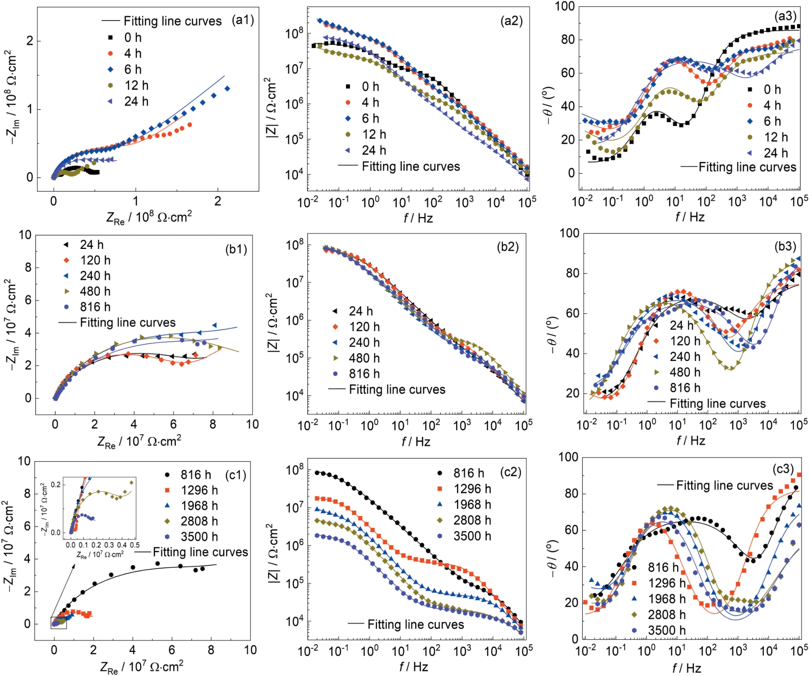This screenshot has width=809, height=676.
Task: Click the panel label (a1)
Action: (x=242, y=20)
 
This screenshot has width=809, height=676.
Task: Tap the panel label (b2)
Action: (x=508, y=247)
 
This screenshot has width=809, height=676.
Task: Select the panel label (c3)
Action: (x=783, y=469)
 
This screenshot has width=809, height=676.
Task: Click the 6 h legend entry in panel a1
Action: (x=125, y=69)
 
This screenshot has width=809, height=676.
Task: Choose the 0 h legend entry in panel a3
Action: (x=765, y=90)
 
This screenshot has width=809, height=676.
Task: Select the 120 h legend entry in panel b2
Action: (x=357, y=327)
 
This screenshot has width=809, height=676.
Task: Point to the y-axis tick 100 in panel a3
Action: (x=565, y=6)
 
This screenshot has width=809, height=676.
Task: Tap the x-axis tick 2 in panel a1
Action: (x=218, y=201)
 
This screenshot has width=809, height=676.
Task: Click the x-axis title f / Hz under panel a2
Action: (x=418, y=218)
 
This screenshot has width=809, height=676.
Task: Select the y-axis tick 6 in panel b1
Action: (x=28, y=300)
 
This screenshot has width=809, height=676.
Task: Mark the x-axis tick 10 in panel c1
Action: (x=250, y=650)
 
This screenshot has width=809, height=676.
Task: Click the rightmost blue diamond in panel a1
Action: (x=227, y=89)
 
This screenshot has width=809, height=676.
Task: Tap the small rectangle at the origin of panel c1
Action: (x=58, y=623)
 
